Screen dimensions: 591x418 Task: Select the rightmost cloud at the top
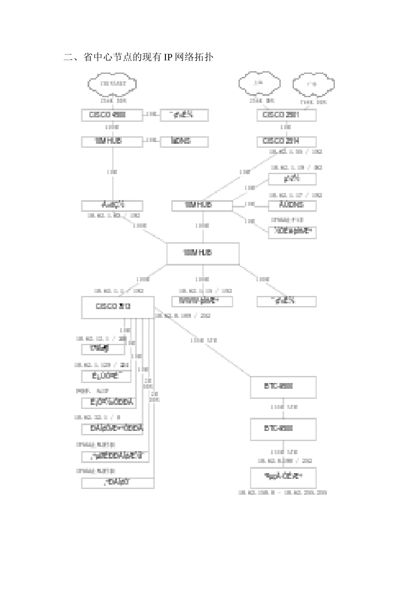314,84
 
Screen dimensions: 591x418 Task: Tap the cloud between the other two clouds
260,83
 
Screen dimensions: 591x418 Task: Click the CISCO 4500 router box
112,115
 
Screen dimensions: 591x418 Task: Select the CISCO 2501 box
286,115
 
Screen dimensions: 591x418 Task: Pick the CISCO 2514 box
286,141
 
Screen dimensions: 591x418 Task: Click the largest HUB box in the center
203,253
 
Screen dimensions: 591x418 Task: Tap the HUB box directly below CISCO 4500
112,141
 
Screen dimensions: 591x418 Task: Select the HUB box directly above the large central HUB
202,205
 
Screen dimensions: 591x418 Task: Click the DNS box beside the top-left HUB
184,141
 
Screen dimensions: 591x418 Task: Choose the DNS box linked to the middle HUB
292,205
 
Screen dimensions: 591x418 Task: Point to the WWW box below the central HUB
202,301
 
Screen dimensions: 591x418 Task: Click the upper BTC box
283,387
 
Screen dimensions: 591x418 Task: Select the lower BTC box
283,429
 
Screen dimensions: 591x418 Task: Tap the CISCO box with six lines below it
117,307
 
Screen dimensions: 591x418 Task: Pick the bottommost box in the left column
117,482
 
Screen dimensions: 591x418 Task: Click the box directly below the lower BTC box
283,477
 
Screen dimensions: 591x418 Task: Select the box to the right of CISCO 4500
184,115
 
